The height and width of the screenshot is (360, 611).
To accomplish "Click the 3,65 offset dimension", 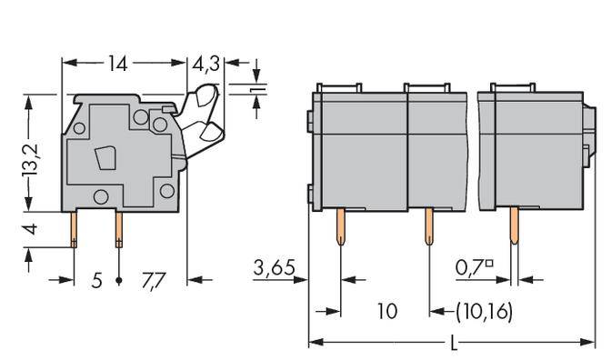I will [x=274, y=268].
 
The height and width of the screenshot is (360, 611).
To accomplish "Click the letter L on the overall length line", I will [x=452, y=345].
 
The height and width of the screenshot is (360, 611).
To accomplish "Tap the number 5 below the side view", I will [x=96, y=280].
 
